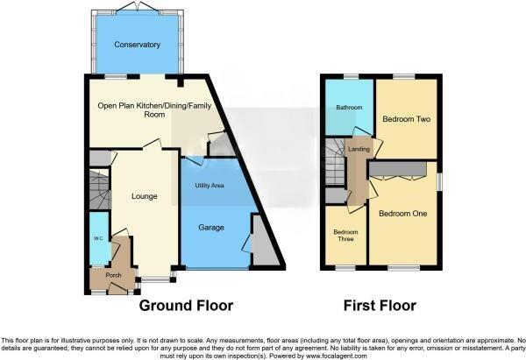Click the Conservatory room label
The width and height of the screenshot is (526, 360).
coord(137,44)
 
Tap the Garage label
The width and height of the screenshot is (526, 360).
coord(210,228)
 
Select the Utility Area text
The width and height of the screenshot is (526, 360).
coord(210,187)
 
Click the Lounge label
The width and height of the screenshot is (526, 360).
coord(143,196)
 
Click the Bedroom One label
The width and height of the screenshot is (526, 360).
coord(403,212)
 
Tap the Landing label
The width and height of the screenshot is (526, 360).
coord(358,150)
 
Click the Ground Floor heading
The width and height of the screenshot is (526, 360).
coord(187,306)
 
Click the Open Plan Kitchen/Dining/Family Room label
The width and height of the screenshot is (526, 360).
coord(143,109)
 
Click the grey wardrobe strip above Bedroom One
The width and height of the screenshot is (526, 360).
coord(399,167)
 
